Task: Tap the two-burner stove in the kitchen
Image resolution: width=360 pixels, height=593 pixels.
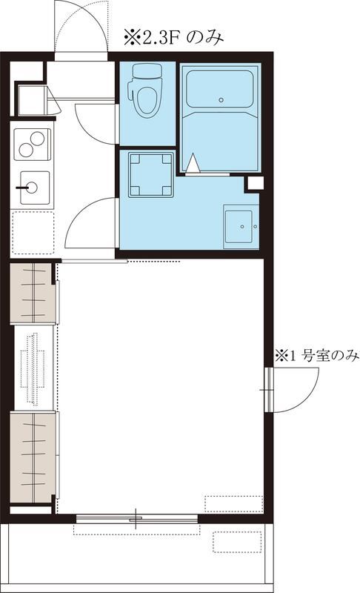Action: [x=33, y=142]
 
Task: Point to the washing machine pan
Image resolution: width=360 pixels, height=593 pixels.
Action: [x=150, y=174]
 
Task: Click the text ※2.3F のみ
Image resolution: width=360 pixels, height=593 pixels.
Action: [x=174, y=36]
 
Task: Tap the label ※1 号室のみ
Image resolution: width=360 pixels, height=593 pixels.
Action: [x=317, y=357]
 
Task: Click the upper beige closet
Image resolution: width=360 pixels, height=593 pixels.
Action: [x=33, y=293]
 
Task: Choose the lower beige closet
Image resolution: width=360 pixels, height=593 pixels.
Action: [x=33, y=458]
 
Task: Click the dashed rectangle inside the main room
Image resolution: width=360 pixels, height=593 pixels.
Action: [x=234, y=503]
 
